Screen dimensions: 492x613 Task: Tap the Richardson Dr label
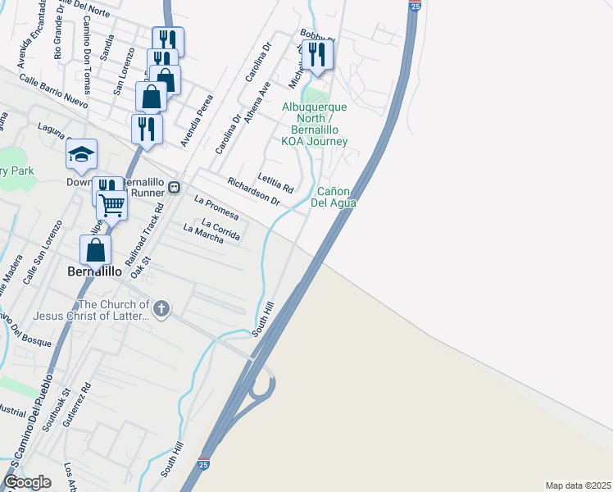(x=253, y=191)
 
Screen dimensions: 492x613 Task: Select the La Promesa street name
(x=216, y=208)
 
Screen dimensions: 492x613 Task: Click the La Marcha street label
(x=203, y=234)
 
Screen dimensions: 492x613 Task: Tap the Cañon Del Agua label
(x=336, y=197)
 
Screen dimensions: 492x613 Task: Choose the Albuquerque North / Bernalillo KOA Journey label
(x=315, y=124)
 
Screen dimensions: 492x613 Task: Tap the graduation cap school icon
(x=81, y=155)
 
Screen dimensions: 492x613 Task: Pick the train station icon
(x=174, y=188)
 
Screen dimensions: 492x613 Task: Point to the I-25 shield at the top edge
(x=415, y=7)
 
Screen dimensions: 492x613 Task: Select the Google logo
(x=27, y=482)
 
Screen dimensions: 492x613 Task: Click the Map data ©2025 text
(x=578, y=485)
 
